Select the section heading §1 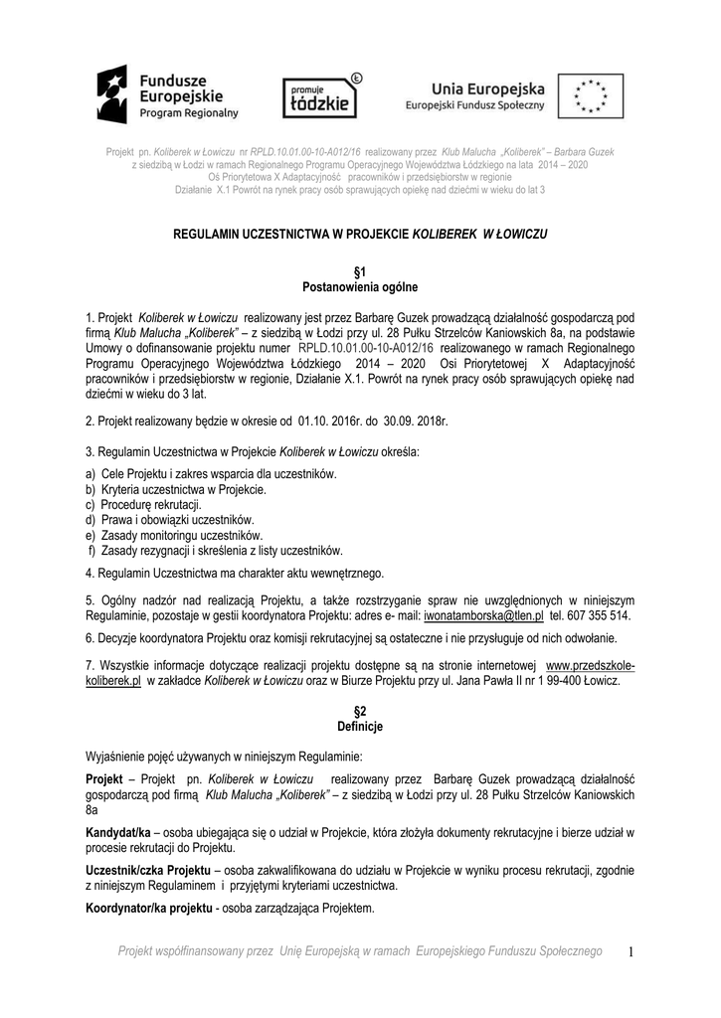pos(360,271)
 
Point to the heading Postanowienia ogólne pos(360,286)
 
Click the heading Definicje pos(360,727)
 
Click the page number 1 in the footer pos(630,952)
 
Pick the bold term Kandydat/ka pos(118,831)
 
